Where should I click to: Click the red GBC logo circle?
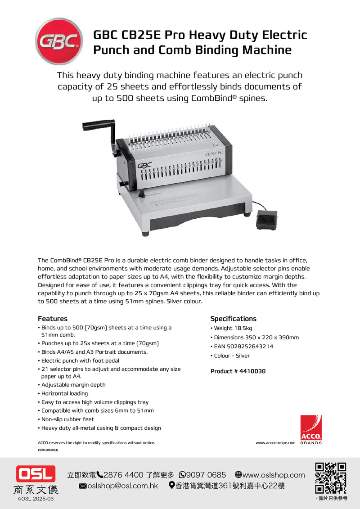pyautogui.click(x=59, y=41)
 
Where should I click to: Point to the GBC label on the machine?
pyautogui.click(x=145, y=166)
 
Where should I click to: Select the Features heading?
pyautogui.click(x=53, y=319)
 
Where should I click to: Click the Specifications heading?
pyautogui.click(x=233, y=319)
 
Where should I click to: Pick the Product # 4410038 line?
pyautogui.click(x=238, y=371)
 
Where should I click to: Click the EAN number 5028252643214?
pyautogui.click(x=251, y=347)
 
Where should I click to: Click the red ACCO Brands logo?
pyautogui.click(x=311, y=428)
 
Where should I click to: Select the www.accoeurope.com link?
pyautogui.click(x=275, y=443)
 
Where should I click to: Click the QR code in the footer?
pyautogui.click(x=330, y=478)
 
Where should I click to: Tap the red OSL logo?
pyautogui.click(x=36, y=474)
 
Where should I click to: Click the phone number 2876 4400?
pyautogui.click(x=123, y=475)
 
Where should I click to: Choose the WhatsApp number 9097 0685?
pyautogui.click(x=206, y=475)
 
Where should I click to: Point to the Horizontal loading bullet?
pyautogui.click(x=64, y=393)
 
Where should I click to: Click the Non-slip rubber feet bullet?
pyautogui.click(x=67, y=419)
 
